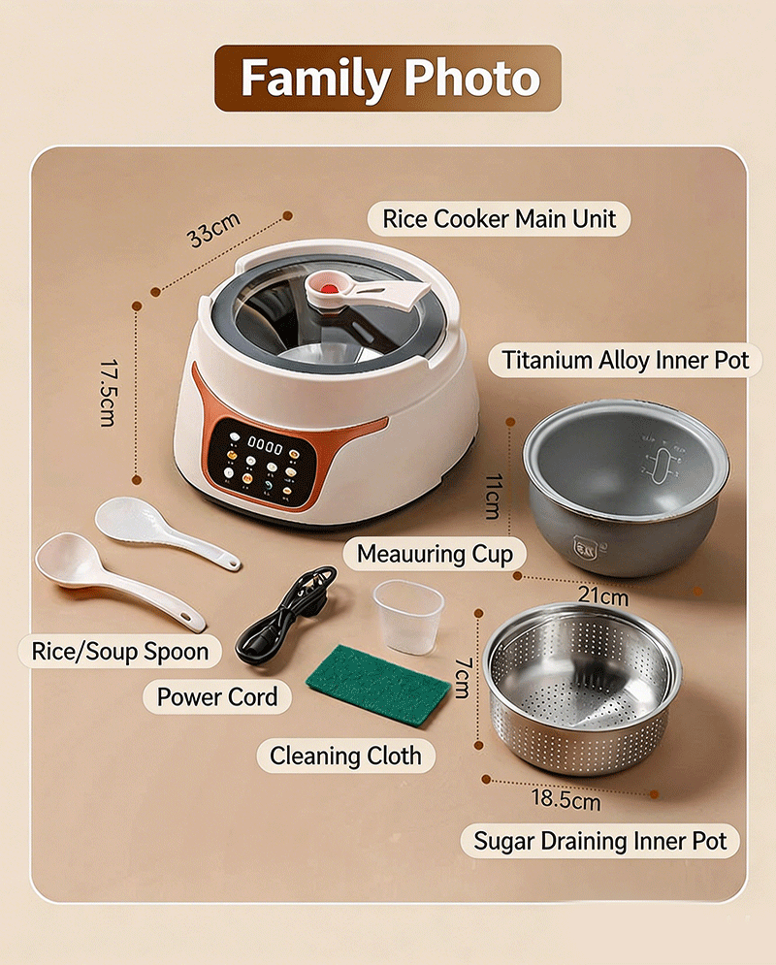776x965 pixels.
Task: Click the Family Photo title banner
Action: point(388,79)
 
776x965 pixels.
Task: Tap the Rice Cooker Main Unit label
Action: point(500,219)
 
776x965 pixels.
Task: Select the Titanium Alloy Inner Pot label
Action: point(626,360)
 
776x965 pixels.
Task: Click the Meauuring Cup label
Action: point(435,554)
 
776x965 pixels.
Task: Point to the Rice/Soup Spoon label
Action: point(120,651)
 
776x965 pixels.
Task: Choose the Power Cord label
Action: point(217,697)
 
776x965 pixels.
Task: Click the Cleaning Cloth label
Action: point(345,756)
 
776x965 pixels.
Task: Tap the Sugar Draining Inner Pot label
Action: point(600,841)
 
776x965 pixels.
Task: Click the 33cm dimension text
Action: point(213,229)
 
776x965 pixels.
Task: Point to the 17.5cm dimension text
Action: point(109,393)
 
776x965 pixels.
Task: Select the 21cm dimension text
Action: point(603,596)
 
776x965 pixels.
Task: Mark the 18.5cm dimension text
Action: point(566,799)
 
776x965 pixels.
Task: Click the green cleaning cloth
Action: point(378,685)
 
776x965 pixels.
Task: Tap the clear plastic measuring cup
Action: point(408,617)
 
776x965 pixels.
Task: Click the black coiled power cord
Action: point(287,616)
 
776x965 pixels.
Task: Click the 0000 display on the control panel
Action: point(265,444)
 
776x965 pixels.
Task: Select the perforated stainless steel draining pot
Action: point(582,688)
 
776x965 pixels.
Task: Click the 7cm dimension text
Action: point(464,678)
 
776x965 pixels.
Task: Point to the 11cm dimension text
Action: point(494,496)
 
